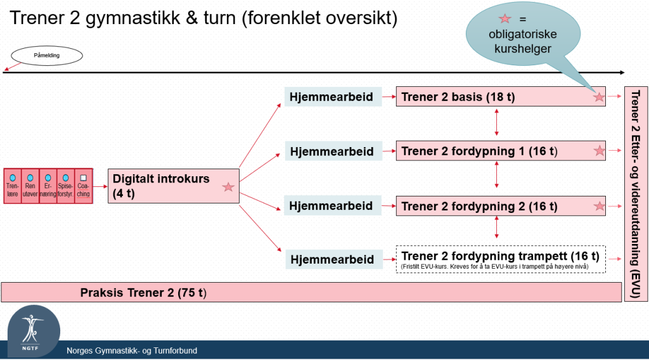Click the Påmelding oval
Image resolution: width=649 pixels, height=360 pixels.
pyautogui.click(x=47, y=55)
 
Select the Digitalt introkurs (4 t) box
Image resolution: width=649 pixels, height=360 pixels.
pyautogui.click(x=174, y=186)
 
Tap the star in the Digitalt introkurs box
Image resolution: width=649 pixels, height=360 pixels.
pyautogui.click(x=228, y=187)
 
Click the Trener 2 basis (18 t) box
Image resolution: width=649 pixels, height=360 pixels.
pyautogui.click(x=501, y=96)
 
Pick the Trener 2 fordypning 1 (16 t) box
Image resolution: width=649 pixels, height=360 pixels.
pyautogui.click(x=501, y=151)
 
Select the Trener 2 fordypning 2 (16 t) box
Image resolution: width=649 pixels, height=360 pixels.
pyautogui.click(x=501, y=205)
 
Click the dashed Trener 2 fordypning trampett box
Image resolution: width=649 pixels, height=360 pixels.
pyautogui.click(x=501, y=259)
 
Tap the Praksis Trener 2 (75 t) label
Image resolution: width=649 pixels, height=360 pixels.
pyautogui.click(x=143, y=293)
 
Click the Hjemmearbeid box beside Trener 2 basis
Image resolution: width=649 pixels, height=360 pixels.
pyautogui.click(x=333, y=97)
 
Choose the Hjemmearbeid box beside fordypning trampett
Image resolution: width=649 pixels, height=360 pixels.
pyautogui.click(x=333, y=259)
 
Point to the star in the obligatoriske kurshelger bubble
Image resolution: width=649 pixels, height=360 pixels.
pyautogui.click(x=505, y=18)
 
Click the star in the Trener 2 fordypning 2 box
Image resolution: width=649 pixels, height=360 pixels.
pyautogui.click(x=599, y=205)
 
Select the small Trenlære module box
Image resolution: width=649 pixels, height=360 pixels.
pyautogui.click(x=13, y=186)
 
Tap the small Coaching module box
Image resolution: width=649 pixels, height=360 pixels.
pyautogui.click(x=83, y=186)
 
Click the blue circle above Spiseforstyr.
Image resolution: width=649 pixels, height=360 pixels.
pyautogui.click(x=65, y=178)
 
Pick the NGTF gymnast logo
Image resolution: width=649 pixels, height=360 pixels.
pyautogui.click(x=34, y=331)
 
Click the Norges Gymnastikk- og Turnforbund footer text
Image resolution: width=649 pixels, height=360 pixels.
pyautogui.click(x=132, y=350)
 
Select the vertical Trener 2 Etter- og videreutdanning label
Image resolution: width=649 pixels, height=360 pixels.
pyautogui.click(x=635, y=194)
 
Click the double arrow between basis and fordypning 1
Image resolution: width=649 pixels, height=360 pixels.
pyautogui.click(x=497, y=122)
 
